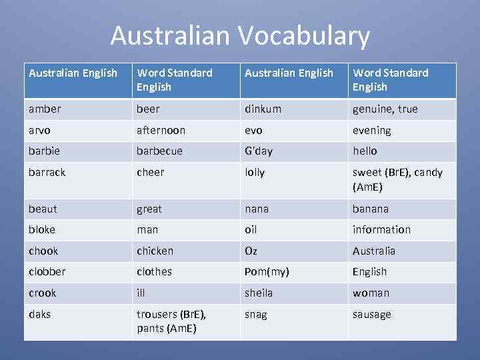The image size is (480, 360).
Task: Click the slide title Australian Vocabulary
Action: tap(240, 35)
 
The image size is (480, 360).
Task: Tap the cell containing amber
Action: tap(45, 109)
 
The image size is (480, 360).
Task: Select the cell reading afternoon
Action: tap(161, 130)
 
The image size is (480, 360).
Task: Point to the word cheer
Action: tap(150, 172)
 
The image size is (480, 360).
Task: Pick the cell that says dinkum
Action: tap(263, 109)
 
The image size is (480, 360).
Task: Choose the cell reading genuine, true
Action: tap(385, 109)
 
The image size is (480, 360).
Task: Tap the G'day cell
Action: tap(259, 151)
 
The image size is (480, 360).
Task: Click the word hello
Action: tap(365, 151)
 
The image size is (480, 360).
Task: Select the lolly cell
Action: tap(255, 172)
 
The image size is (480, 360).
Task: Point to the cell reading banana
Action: tap(370, 209)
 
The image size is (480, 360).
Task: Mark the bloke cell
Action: tap(42, 229)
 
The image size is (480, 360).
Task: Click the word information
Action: tap(381, 229)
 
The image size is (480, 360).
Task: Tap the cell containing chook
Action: tap(43, 251)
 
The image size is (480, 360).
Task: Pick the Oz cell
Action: tap(251, 251)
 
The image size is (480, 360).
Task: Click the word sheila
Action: tap(259, 293)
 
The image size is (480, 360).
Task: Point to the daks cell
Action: tap(39, 314)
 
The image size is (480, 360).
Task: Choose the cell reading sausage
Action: tap(371, 314)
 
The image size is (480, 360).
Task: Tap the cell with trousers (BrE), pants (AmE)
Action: tap(171, 321)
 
